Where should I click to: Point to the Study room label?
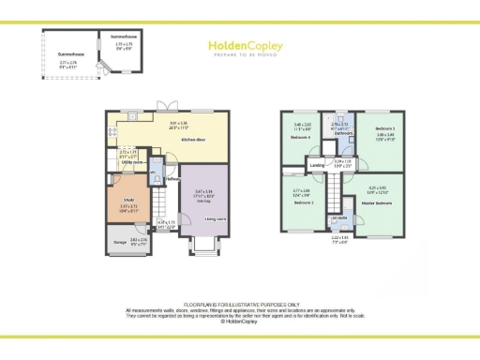coord(127,200)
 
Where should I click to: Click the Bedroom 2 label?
coord(304,202)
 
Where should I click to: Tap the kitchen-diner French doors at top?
coord(165,105)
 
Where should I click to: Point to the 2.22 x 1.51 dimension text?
coord(339,239)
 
